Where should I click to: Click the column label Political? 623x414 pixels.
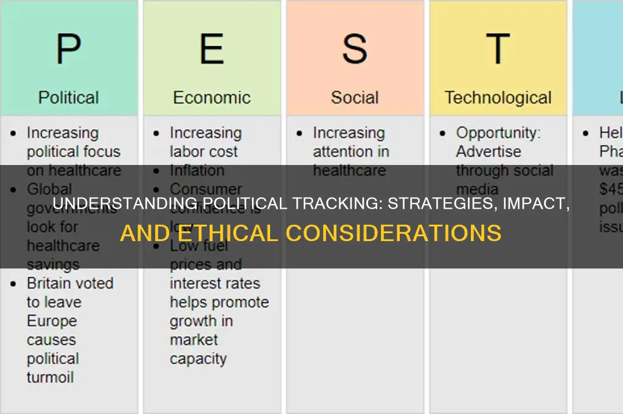click(x=69, y=97)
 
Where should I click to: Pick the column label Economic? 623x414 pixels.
click(x=212, y=97)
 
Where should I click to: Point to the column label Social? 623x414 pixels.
click(x=355, y=97)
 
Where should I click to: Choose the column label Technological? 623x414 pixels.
click(x=498, y=97)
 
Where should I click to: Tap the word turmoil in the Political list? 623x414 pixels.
click(x=50, y=377)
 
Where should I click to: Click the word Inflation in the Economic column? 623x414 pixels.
click(x=197, y=170)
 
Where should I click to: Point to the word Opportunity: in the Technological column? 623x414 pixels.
click(x=498, y=133)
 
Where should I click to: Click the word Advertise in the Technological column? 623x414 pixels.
click(x=489, y=152)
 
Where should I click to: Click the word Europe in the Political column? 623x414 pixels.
click(x=52, y=321)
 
